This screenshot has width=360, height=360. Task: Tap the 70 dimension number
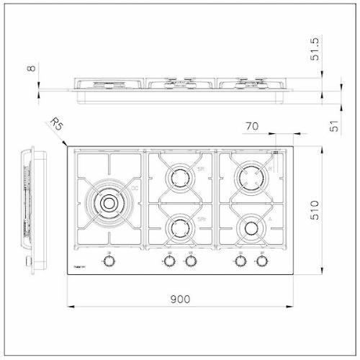tap(252, 127)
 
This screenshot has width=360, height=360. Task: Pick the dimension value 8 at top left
tap(30, 70)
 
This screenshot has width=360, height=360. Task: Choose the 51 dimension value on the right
tap(333, 127)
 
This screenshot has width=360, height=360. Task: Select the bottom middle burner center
tap(178, 229)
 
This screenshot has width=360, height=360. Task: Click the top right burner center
tap(250, 175)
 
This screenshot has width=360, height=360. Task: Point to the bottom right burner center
tap(250, 229)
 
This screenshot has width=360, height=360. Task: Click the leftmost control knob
tap(109, 259)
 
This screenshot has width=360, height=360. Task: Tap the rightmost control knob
tap(262, 259)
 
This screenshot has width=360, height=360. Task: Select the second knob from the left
tap(170, 259)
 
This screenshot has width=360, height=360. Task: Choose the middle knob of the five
tap(190, 259)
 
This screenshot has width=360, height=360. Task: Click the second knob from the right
tap(238, 259)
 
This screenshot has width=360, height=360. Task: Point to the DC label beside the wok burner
tap(134, 189)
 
